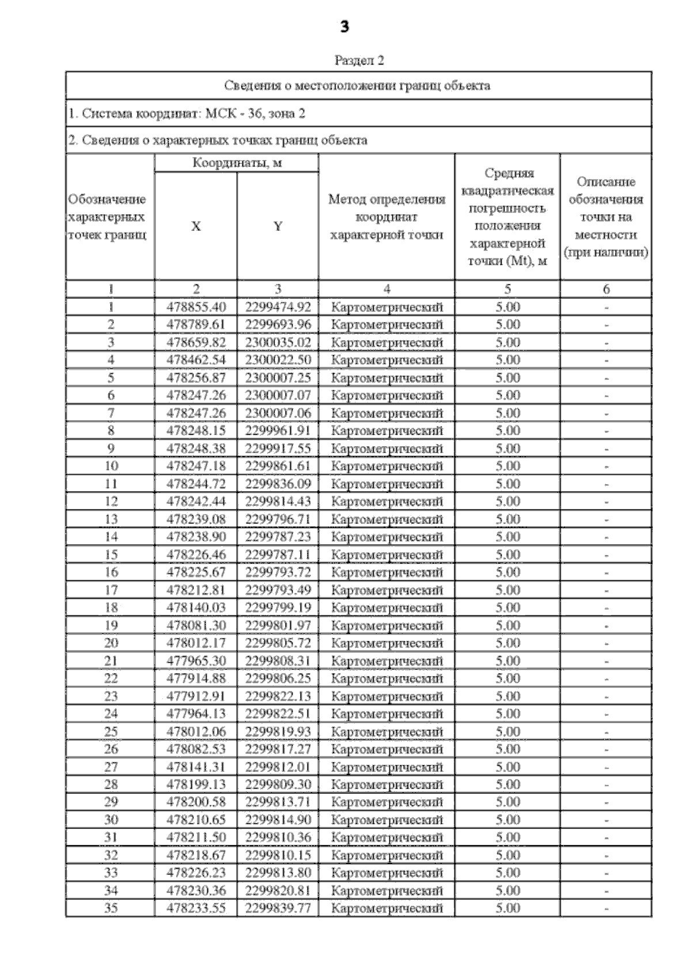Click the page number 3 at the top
point(344,26)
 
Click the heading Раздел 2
point(359,60)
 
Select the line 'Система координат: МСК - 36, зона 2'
point(187,113)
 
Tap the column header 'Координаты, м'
point(237,163)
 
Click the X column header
point(196,226)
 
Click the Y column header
point(278,226)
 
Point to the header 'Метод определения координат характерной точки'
point(386,217)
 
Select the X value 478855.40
point(196,307)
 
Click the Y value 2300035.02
point(278,343)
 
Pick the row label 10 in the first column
point(111,466)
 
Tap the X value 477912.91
point(196,696)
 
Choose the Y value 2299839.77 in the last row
point(278,908)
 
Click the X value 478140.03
point(196,607)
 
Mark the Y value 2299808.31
point(278,660)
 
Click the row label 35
point(111,908)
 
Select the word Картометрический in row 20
point(386,643)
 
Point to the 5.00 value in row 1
point(507,307)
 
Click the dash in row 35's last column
point(606,909)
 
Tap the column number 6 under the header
point(606,289)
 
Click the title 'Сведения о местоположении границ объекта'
point(357,86)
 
